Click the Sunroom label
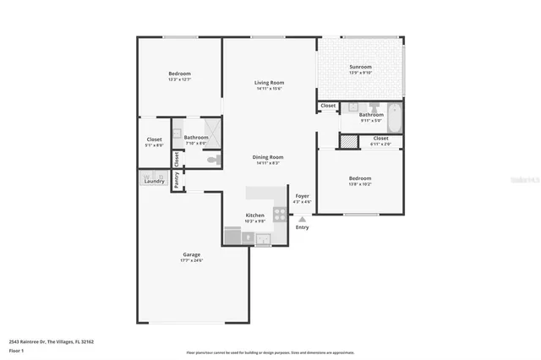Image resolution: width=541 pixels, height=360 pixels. [361, 67]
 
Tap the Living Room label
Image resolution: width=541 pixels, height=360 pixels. [269, 83]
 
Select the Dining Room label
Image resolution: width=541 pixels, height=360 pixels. [268, 157]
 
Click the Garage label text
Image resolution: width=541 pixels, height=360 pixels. [191, 254]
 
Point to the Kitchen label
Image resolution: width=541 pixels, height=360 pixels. [254, 215]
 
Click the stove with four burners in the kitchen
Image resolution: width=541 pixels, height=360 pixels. [280, 215]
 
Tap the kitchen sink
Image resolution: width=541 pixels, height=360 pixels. [262, 237]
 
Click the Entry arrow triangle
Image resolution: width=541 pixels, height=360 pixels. [302, 218]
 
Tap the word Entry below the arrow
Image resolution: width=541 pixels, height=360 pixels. [302, 226]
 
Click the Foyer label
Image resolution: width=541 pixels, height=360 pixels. [302, 196]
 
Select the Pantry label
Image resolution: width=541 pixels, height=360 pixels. [177, 179]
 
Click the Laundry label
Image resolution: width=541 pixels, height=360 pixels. [154, 181]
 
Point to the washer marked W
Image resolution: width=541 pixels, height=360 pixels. [145, 176]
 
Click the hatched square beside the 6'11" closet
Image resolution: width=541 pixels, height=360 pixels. [346, 139]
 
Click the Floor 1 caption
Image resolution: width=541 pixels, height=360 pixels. [17, 350]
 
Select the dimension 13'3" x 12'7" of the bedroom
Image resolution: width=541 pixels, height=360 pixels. [179, 79]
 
